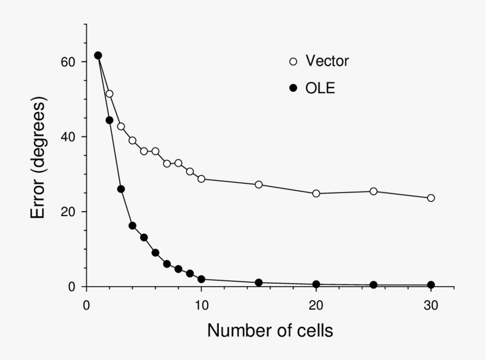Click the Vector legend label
coord(327,61)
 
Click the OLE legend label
coord(320,88)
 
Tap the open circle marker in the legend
coord(293,62)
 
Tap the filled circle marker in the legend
coord(293,89)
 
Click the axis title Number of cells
coord(270,331)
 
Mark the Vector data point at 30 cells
coord(431,198)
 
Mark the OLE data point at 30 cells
coord(431,285)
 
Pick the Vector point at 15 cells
coord(259,185)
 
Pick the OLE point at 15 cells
coord(259,283)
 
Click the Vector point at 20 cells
coord(316,194)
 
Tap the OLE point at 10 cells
coord(201,279)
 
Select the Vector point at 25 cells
coord(373,191)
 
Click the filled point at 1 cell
coord(98,55)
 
